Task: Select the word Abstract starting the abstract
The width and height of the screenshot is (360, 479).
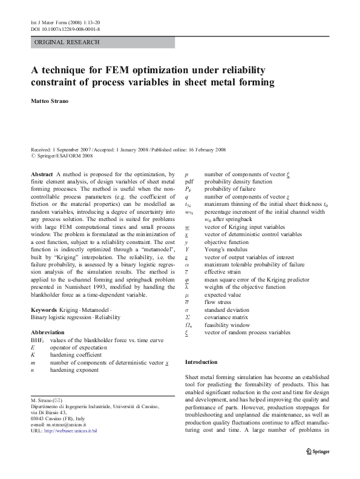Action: [x=41, y=174]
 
